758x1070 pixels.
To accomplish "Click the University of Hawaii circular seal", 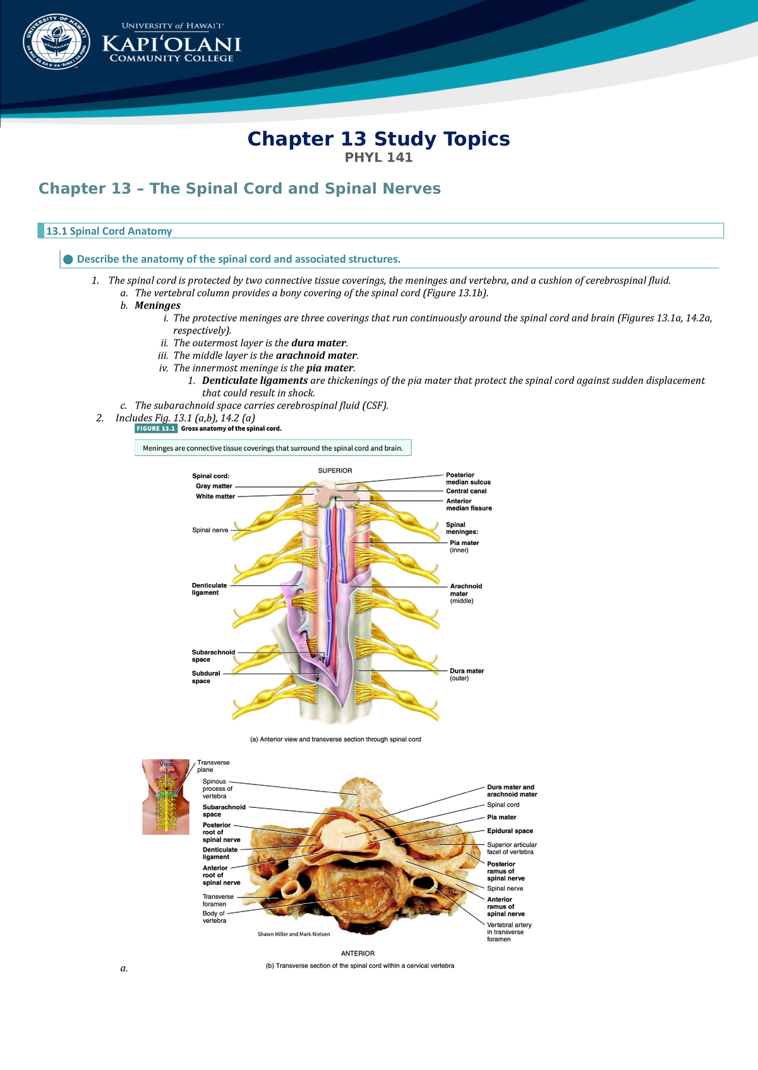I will [56, 41].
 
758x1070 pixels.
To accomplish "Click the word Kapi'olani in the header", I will [172, 44].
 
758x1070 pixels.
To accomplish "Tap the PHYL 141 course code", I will [378, 157].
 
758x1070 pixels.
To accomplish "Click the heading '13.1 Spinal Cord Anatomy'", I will [109, 231].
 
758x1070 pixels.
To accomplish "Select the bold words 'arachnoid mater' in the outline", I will [316, 356].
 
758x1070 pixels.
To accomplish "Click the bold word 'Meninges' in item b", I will [157, 306].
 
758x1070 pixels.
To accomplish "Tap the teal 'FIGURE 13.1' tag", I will [156, 428].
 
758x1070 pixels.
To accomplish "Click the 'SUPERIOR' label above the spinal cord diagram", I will [335, 471].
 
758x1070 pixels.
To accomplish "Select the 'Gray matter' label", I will [214, 486].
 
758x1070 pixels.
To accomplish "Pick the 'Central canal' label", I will [466, 491].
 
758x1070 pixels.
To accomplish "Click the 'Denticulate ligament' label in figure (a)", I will [209, 589].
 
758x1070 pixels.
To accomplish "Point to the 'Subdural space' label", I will [206, 677].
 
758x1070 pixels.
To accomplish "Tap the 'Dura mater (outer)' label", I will [466, 675].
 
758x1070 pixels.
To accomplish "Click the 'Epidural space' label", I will [510, 831].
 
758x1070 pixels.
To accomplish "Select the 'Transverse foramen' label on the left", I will [218, 900].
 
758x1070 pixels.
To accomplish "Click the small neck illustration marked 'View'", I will [165, 796].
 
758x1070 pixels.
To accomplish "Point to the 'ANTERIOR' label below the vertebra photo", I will [358, 953].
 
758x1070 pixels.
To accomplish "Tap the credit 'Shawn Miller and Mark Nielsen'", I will [294, 934].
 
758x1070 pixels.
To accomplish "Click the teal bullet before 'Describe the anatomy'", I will [68, 259].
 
